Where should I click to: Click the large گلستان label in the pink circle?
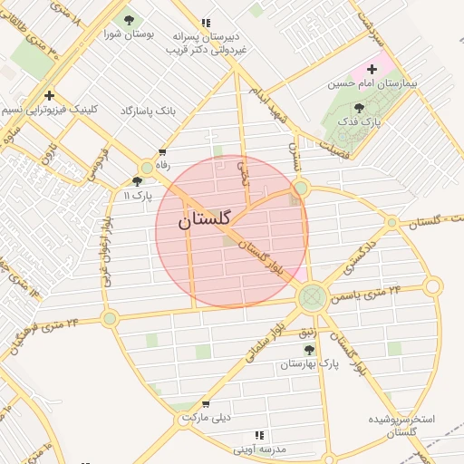tap(205, 218)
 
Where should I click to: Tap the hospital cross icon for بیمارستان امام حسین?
tap(372, 69)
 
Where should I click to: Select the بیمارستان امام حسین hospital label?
tap(373, 83)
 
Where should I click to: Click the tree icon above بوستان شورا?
tap(128, 19)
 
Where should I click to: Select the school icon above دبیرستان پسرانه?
tap(206, 24)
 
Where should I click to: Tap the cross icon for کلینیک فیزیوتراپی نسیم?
tap(49, 95)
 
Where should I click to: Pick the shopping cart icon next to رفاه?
tap(162, 153)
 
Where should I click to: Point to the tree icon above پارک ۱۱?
tap(138, 181)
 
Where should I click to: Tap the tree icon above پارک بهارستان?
tap(308, 350)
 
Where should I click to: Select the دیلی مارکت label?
tap(206, 418)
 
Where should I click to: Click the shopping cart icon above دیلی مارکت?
tap(206, 404)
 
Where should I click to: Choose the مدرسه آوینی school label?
tap(260, 449)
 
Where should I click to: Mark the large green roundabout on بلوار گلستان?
tap(312, 295)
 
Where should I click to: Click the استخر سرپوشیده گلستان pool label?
tap(401, 426)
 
